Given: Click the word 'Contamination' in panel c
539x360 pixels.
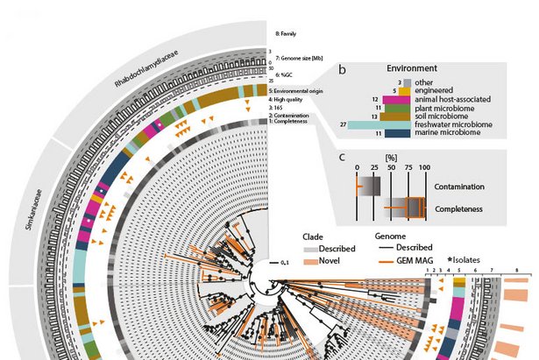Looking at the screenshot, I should (x=459, y=187).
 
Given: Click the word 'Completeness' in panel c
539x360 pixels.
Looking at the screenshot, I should (x=459, y=210).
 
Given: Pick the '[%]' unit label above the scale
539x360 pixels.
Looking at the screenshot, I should (x=391, y=156).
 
